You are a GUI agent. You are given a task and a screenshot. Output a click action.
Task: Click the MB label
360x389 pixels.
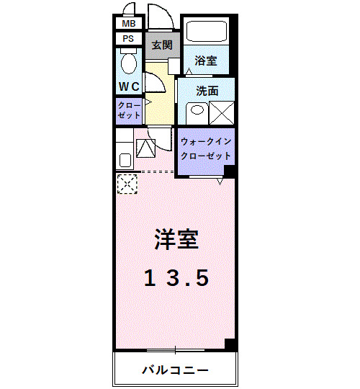point(128,23)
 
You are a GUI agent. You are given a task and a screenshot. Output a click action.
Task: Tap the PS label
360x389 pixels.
point(128,38)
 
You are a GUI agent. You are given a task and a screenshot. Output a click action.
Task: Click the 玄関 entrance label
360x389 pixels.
point(161,44)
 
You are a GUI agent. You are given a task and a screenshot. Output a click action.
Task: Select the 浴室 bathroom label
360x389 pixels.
point(206,61)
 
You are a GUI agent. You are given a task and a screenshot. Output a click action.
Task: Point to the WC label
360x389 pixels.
point(129,86)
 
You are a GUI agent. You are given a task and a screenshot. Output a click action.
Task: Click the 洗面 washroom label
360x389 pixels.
point(207,91)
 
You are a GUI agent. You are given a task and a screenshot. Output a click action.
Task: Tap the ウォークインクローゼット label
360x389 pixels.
point(205,148)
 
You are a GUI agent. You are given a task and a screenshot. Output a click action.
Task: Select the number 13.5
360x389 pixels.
point(176,276)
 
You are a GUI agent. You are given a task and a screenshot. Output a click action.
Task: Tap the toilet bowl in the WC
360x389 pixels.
point(129,63)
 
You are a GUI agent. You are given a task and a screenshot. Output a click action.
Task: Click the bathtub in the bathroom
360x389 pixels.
point(207,32)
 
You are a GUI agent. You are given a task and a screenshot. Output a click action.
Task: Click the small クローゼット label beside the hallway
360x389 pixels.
point(129,109)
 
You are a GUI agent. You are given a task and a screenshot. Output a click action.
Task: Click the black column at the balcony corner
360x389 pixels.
point(230,344)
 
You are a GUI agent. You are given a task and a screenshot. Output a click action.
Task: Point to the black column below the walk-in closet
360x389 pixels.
point(230,171)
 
